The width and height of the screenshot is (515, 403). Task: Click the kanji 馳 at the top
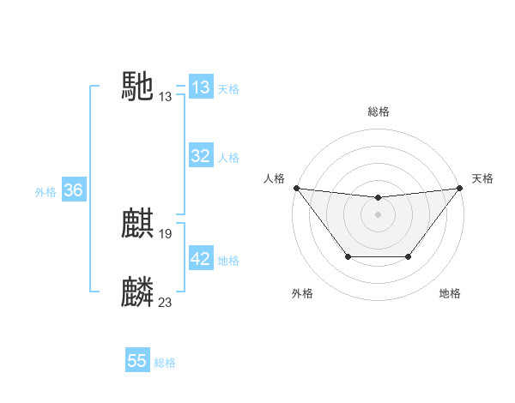pos(138,86)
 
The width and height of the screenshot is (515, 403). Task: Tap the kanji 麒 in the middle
pos(138,225)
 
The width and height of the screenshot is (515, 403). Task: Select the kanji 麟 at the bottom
pos(138,292)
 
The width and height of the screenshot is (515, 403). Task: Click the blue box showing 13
pos(201,87)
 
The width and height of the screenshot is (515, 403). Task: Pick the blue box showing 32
pos(201,156)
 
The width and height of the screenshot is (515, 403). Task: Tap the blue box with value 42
pos(201,259)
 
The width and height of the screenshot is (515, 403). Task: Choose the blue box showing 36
pos(73,190)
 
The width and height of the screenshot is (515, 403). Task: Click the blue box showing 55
pos(137,361)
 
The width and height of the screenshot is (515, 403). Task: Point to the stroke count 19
pos(166,233)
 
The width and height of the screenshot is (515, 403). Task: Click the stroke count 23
pos(166,302)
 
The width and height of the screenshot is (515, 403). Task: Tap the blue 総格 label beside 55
pos(166,363)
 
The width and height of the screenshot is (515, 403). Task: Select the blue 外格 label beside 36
pos(45,192)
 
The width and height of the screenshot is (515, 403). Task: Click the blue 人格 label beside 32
pos(228,158)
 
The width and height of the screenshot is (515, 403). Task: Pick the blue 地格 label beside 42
pos(228,261)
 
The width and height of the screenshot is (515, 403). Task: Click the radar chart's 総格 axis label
pos(379,112)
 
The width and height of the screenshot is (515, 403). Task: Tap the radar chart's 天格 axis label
pos(482,178)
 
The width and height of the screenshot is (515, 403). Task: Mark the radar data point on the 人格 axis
pos(296,188)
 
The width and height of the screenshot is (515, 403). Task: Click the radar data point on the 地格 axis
pos(409,256)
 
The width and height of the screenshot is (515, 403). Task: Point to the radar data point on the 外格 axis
pos(348,256)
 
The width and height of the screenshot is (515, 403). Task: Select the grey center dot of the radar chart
pos(379,214)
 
